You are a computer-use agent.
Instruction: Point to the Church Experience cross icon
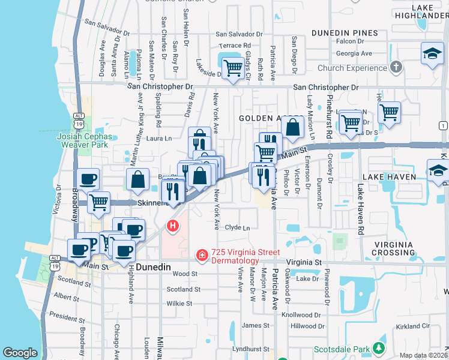396,67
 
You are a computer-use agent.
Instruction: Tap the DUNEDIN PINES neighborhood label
345,33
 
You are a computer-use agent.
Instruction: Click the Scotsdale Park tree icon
378,348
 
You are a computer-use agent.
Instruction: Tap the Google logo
20,353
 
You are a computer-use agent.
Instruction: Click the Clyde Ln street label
237,227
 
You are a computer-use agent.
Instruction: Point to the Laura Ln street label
159,139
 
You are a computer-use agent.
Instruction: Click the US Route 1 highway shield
443,125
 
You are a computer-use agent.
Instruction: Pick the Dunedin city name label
153,266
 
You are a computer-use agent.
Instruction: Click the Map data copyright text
423,355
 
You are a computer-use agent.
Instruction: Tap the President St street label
67,314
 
